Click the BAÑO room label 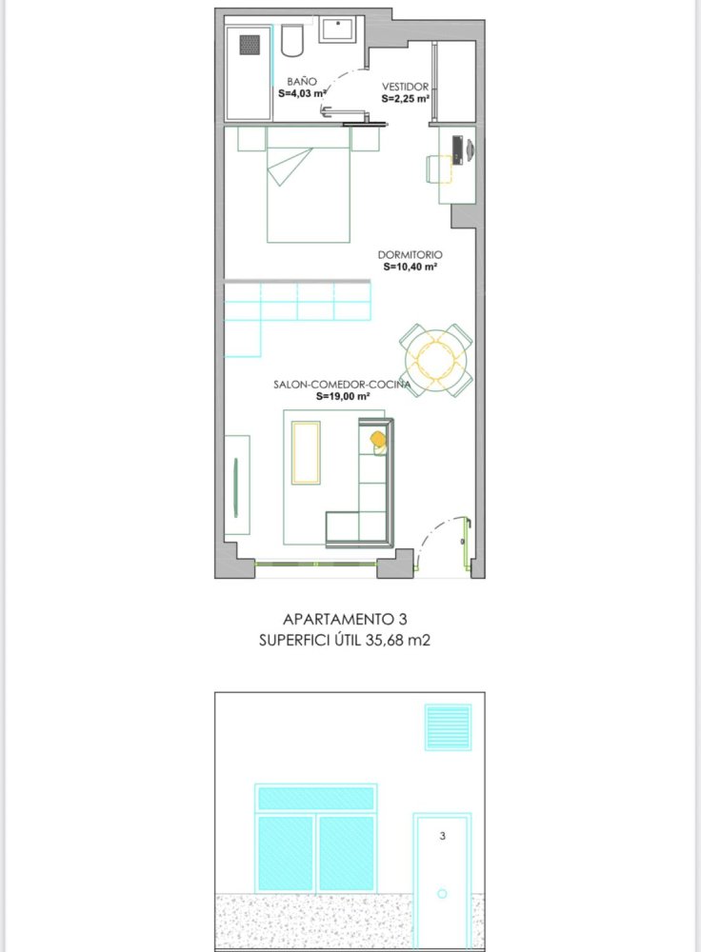(x=301, y=82)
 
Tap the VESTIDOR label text (x=405, y=86)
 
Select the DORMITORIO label (x=410, y=255)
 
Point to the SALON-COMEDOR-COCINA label (x=342, y=385)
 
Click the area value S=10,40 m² (x=410, y=268)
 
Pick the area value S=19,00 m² (x=343, y=396)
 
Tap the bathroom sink (x=337, y=29)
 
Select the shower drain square (x=250, y=45)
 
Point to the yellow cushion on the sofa (x=378, y=439)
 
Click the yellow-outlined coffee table (x=306, y=452)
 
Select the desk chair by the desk (x=438, y=169)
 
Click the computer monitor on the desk (x=457, y=149)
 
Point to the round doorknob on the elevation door (x=442, y=894)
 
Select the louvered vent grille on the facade (x=448, y=727)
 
